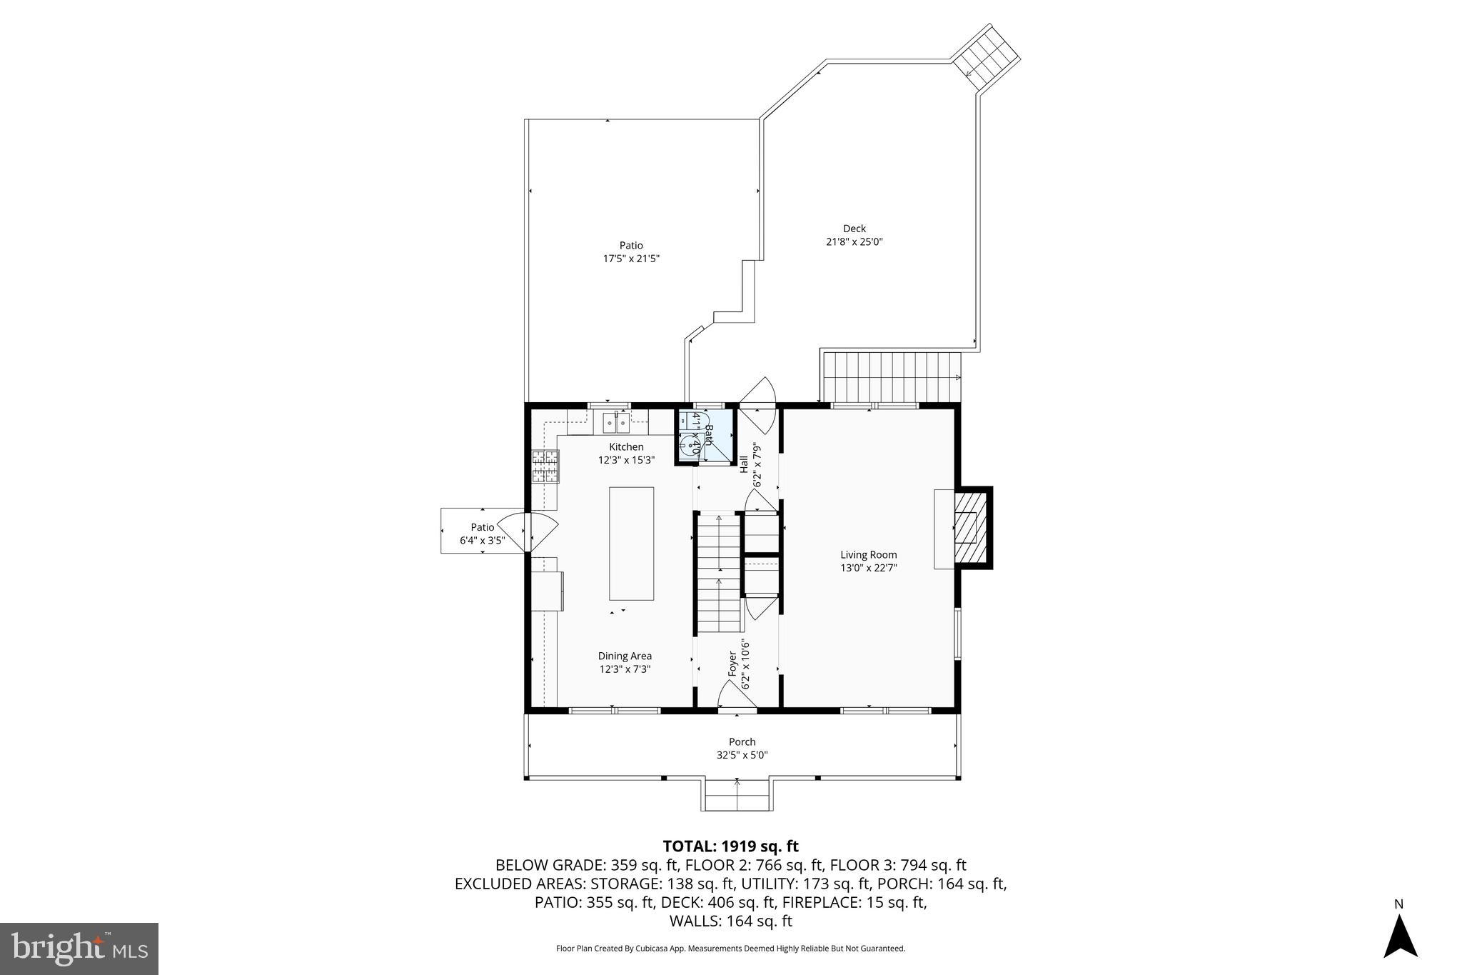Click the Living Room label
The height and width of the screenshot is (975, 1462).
click(868, 555)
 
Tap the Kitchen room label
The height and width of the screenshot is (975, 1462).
click(626, 447)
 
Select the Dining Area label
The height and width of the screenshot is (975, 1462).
click(625, 656)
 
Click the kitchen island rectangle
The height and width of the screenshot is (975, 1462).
click(631, 543)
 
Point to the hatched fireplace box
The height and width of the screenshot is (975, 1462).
click(967, 528)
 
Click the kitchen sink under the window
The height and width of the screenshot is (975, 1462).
click(615, 424)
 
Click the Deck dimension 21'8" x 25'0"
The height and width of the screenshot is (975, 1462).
click(854, 242)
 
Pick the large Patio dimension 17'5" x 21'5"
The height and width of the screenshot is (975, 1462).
click(631, 259)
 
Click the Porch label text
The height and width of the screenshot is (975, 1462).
click(742, 742)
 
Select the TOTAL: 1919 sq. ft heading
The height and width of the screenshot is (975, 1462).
click(730, 846)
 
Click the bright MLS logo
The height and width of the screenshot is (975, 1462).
click(79, 949)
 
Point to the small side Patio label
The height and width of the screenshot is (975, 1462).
click(483, 528)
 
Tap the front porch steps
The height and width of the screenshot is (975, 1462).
click(737, 794)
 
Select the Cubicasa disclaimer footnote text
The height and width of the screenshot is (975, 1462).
click(730, 949)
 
